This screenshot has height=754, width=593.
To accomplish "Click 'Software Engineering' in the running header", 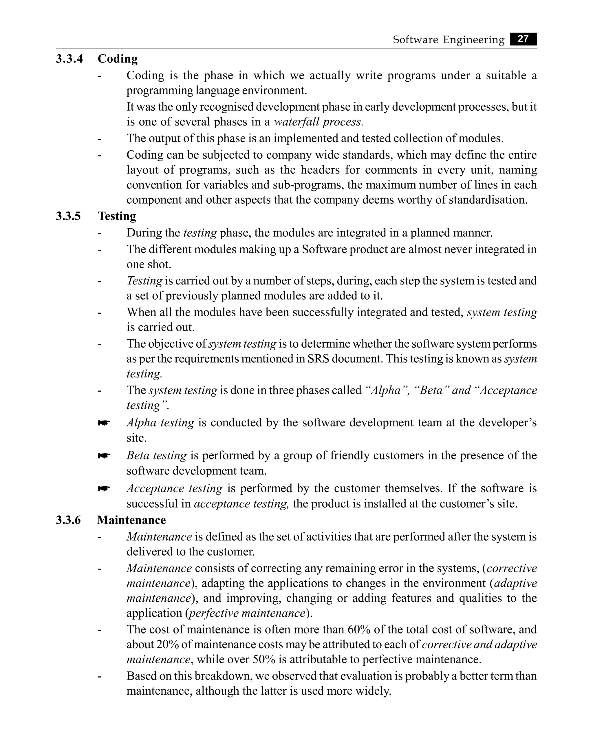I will coord(448,40).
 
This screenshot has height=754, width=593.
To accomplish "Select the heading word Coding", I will coord(117,59).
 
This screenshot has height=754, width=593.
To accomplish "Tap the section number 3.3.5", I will coord(68,216).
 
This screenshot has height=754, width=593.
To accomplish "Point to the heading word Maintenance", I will coord(131,520).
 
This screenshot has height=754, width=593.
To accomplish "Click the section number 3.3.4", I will coord(69,59).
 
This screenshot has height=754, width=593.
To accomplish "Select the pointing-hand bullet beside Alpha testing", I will coord(104,423).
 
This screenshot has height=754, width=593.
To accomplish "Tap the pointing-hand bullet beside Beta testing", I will coord(104,456).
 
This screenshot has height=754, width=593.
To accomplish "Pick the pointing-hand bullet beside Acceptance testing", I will coord(104,489).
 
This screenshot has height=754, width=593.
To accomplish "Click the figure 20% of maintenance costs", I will coord(167,644).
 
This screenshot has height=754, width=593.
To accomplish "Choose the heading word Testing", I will coord(117,216).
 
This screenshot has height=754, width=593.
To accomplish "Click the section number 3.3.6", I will coord(68,520).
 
